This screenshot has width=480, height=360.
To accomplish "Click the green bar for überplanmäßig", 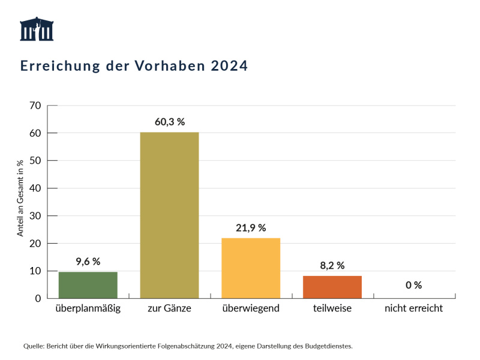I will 88,285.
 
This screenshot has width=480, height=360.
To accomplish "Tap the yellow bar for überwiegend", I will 251,268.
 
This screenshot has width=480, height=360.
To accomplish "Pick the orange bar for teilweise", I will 332,287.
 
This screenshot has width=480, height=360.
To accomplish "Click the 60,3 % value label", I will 169,122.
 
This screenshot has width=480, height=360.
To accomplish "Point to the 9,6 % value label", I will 88,262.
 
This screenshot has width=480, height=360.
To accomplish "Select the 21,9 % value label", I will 251,228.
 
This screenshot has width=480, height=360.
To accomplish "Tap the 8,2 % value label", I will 332,266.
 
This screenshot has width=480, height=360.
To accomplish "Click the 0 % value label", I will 413,285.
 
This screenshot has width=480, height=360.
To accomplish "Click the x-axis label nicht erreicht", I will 413,308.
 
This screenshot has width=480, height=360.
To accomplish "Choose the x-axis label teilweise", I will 332,308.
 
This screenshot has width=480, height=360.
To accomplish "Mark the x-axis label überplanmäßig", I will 88,308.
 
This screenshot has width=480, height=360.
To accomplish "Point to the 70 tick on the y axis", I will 35,106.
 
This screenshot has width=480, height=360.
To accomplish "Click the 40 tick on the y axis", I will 35,188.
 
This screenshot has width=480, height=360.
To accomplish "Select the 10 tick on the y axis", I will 35,271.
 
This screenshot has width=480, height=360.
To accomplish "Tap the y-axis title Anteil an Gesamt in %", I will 20,198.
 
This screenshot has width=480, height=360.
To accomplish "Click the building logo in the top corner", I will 37,29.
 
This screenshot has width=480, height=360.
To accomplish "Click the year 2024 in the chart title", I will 229,66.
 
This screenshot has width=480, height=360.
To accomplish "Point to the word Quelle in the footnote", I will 33,346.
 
